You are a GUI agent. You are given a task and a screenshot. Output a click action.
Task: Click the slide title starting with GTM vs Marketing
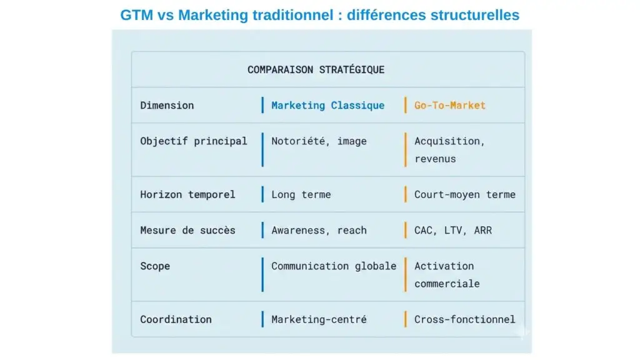(x=319, y=14)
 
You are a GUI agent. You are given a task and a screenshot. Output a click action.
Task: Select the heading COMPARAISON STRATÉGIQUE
(x=316, y=69)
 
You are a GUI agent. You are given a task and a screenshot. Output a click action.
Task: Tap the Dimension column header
(x=167, y=105)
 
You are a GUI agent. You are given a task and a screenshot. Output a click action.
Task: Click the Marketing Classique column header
(x=327, y=105)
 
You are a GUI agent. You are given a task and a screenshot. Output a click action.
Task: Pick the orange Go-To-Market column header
(x=449, y=105)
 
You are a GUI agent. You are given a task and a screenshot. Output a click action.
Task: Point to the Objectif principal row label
(x=194, y=141)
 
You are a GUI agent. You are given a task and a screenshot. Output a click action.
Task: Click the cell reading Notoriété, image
(x=319, y=141)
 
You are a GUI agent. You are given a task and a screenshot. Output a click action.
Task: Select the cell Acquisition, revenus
(x=449, y=150)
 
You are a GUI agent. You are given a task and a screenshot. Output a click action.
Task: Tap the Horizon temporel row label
(x=187, y=194)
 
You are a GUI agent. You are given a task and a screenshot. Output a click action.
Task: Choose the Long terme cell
(x=301, y=194)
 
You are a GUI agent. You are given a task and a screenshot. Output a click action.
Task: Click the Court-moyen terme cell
(x=464, y=194)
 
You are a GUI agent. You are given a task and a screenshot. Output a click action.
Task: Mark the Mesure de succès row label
(x=187, y=230)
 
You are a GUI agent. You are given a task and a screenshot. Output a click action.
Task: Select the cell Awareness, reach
(x=319, y=230)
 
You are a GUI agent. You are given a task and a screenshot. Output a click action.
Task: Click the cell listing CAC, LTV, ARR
(x=452, y=230)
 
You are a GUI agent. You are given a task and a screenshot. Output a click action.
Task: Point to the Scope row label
(x=155, y=266)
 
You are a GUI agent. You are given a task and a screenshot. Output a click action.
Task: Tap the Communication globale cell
(x=334, y=266)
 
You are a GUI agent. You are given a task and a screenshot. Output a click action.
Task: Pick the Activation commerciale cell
(x=446, y=274)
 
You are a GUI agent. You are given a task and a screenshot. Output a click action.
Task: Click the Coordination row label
(x=176, y=319)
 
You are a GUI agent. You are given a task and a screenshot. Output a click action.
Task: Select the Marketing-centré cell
(x=319, y=319)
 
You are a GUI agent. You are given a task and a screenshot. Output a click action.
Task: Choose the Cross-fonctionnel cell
(x=464, y=319)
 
